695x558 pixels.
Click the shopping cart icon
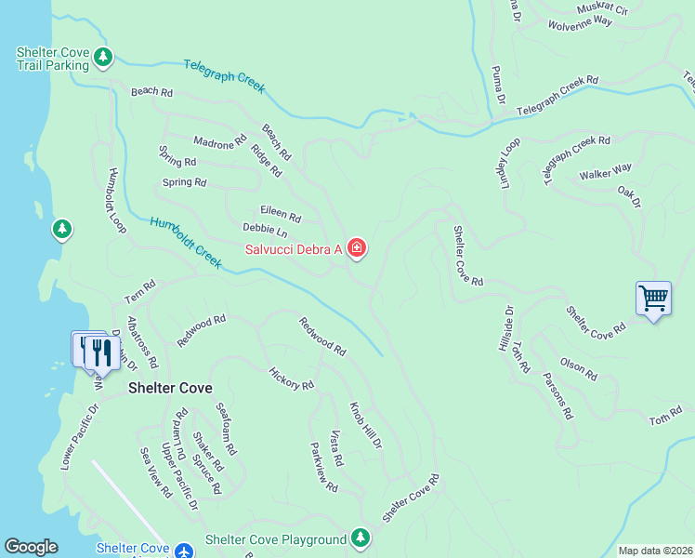tap(653, 299)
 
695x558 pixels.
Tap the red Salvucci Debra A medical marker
tap(356, 248)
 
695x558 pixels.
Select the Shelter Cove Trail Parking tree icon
tap(103, 58)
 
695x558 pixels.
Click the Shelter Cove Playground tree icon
tap(361, 538)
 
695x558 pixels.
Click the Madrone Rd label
tap(219, 142)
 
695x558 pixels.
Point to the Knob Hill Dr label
tap(365, 426)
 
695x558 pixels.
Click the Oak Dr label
tap(629, 197)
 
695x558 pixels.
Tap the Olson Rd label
tap(579, 368)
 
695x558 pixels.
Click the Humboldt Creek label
tap(185, 243)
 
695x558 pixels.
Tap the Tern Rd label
tap(139, 293)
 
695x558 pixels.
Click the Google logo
tap(31, 547)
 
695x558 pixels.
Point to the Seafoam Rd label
tap(225, 428)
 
